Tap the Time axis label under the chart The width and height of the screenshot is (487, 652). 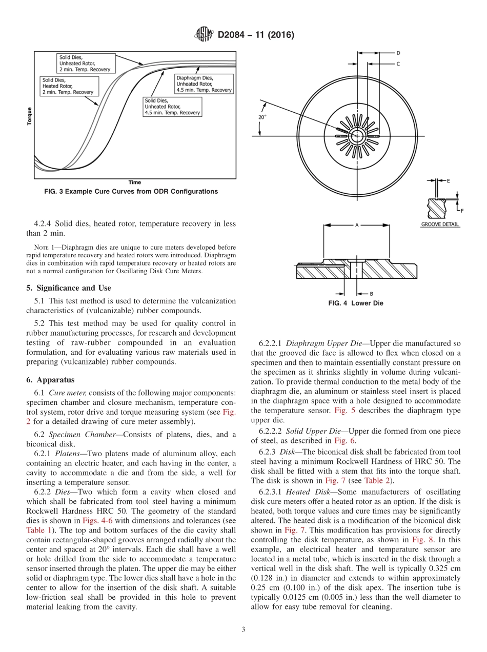[x=135, y=182]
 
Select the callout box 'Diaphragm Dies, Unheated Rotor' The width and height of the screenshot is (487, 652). [x=204, y=84]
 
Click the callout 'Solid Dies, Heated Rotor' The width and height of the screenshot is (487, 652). [x=68, y=86]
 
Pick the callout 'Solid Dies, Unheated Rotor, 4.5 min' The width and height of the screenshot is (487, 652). [x=172, y=107]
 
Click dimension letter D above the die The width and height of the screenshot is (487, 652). [x=398, y=53]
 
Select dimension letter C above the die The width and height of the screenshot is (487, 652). [x=398, y=64]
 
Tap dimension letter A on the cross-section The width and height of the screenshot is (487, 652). [x=356, y=225]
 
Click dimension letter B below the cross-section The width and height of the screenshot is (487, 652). [x=371, y=293]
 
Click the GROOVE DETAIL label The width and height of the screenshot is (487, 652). [x=440, y=225]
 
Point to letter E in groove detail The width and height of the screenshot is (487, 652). [x=449, y=181]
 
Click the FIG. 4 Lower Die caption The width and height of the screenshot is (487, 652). [x=356, y=303]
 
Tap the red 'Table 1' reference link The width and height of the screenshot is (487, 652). [x=36, y=530]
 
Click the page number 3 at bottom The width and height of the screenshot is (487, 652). [x=243, y=630]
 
